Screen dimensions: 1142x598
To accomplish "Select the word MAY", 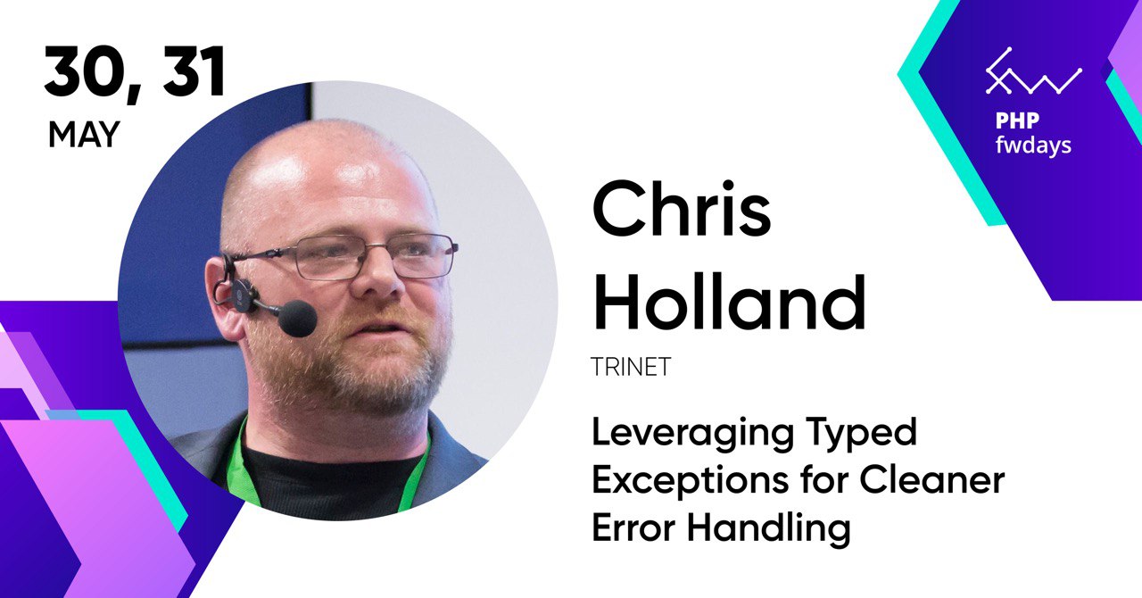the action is click(x=84, y=135).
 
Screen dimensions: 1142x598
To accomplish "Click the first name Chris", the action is click(x=681, y=210).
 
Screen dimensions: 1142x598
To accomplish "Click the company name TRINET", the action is click(x=631, y=367).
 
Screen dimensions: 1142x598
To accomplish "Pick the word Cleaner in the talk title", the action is click(x=932, y=480).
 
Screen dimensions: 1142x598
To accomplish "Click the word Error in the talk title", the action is click(x=633, y=527).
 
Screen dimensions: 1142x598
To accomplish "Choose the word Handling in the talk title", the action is click(x=769, y=530).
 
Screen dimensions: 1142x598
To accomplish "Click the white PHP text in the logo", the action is click(x=1016, y=120).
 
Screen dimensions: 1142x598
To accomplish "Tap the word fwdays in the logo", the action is click(x=1033, y=145).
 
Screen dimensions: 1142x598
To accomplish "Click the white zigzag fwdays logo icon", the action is click(x=1033, y=72).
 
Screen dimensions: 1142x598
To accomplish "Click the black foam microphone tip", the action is click(x=298, y=319).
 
